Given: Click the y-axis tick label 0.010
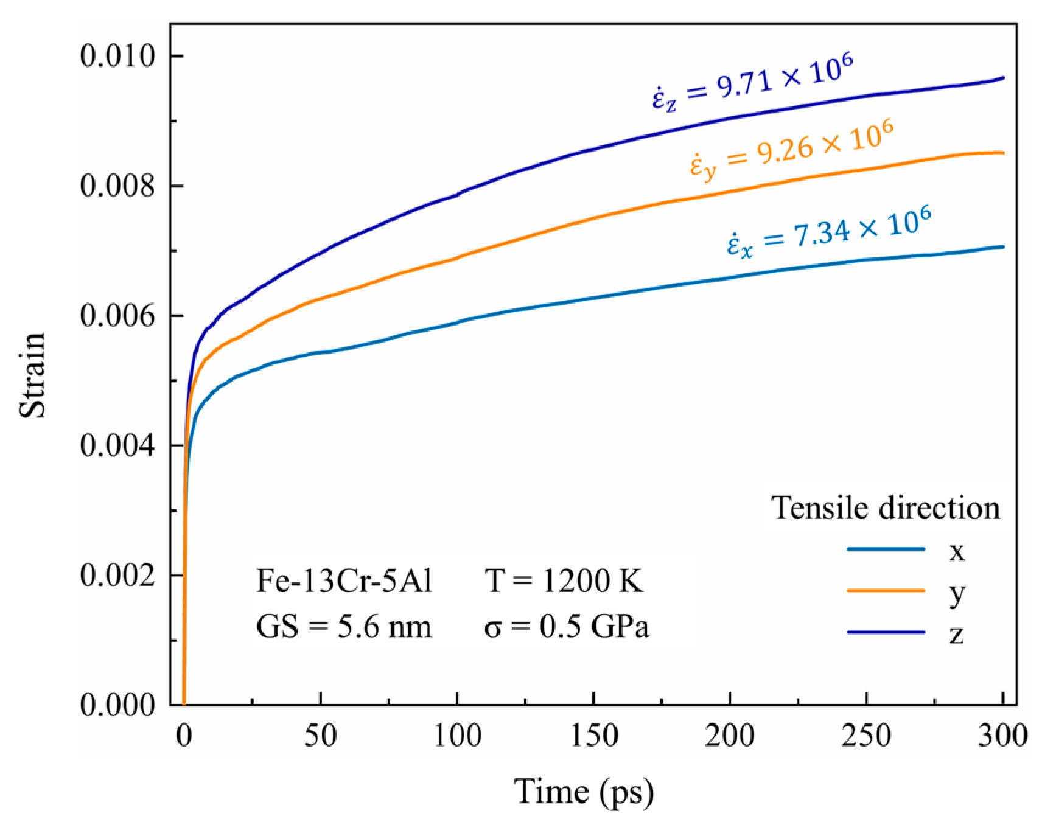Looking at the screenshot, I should (x=117, y=56).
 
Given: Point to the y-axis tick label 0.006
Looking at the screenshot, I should (x=117, y=316).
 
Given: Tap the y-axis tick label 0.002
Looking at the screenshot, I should (x=117, y=575).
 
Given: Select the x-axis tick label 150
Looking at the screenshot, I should (x=593, y=736).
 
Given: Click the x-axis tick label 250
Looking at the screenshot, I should (x=866, y=736).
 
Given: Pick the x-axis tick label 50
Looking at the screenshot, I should (x=320, y=736).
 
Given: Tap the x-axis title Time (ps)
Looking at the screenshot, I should (x=584, y=792).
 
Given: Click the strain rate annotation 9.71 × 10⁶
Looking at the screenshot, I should (x=752, y=82).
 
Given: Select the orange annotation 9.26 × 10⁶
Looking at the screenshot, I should (x=791, y=149).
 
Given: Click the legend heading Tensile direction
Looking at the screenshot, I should (x=886, y=508).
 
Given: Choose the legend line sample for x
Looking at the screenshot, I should (x=886, y=549).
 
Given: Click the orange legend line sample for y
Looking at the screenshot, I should (x=886, y=590).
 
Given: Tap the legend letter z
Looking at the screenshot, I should (x=956, y=633).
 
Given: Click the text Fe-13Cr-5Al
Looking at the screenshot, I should (x=344, y=581).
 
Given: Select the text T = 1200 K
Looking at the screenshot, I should (x=564, y=581).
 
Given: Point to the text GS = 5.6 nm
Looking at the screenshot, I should (x=344, y=627).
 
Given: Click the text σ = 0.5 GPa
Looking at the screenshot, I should (x=567, y=627).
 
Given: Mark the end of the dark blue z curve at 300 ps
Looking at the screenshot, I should (x=1002, y=78).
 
